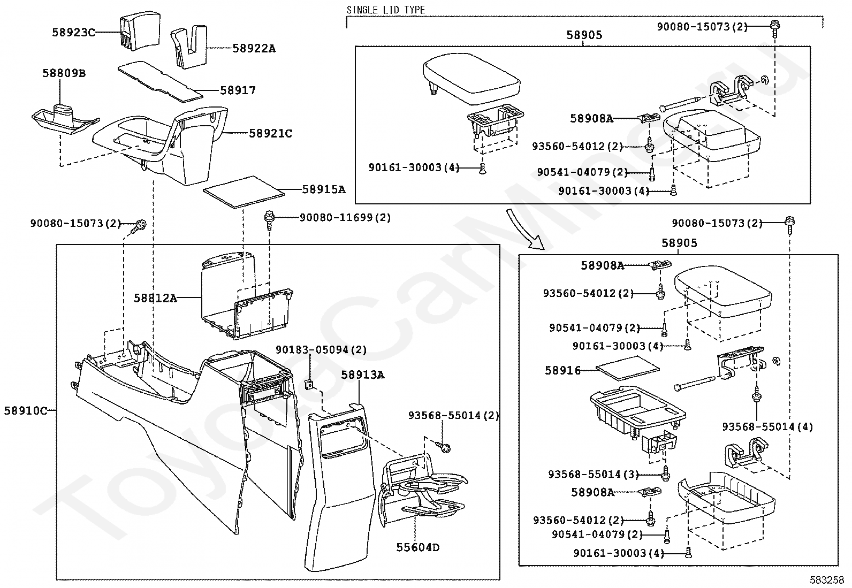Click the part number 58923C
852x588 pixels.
click(x=73, y=32)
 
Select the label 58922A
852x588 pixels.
click(x=254, y=49)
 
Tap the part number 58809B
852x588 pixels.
click(x=64, y=73)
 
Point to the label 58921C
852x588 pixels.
click(x=271, y=133)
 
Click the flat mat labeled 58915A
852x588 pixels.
click(x=244, y=191)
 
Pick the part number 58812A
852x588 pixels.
click(x=155, y=298)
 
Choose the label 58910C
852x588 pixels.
click(x=26, y=411)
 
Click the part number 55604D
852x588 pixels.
click(x=418, y=547)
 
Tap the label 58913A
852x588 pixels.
click(x=363, y=375)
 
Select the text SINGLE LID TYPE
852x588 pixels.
click(x=386, y=10)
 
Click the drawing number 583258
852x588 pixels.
click(x=826, y=580)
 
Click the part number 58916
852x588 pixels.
click(x=563, y=370)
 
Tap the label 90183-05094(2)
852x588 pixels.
click(x=321, y=349)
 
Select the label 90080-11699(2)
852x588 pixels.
click(x=345, y=218)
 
